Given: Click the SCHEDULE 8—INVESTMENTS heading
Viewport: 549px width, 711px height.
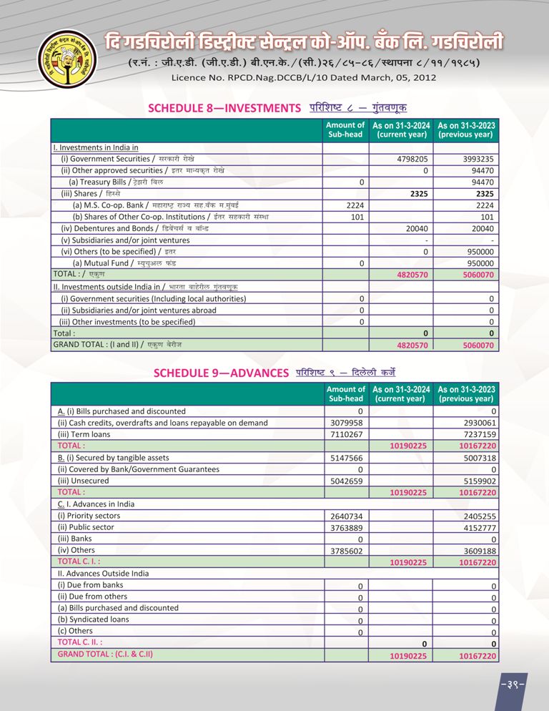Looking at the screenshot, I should (223, 108).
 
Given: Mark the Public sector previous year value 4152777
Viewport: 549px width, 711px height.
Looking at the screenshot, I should (478, 528).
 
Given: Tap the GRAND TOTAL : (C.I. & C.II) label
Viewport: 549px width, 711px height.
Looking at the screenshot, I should (105, 654).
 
